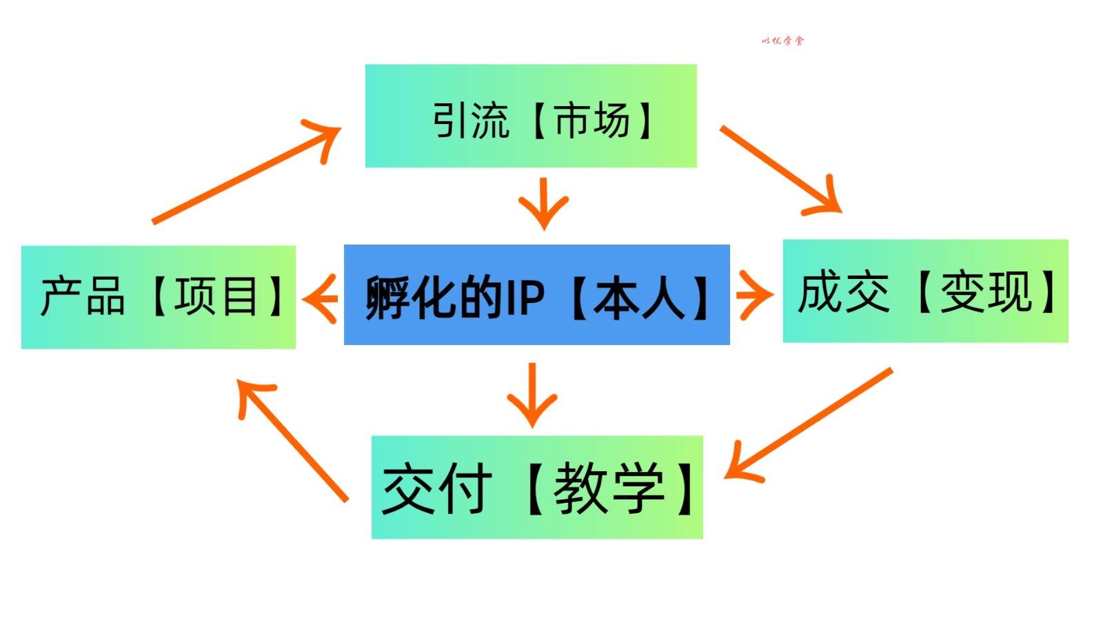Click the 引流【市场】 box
531,116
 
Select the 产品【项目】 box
158,297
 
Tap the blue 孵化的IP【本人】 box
536,295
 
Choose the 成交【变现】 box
925,291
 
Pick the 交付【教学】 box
537,487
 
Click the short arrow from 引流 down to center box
543,203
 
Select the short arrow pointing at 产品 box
320,298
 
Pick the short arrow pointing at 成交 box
754,295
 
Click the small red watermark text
782,41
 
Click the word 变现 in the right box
986,291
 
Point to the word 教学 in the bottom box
609,488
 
